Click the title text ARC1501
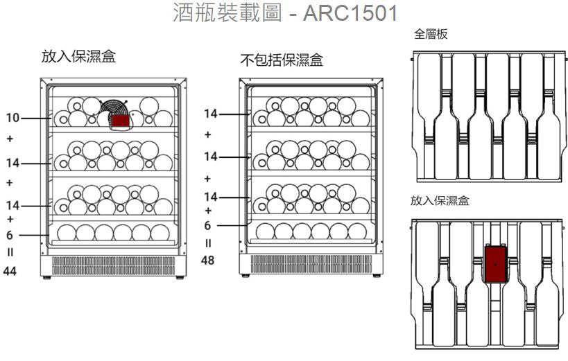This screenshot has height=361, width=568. pyautogui.click(x=351, y=15)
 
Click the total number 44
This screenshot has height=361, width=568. pyautogui.click(x=10, y=271)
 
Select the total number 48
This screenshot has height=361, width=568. pyautogui.click(x=207, y=260)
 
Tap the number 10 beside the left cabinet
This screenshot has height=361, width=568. pyautogui.click(x=12, y=118)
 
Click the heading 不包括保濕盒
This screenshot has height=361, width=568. pyautogui.click(x=282, y=60)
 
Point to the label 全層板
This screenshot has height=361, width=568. pyautogui.click(x=431, y=35)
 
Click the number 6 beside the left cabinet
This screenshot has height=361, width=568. pyautogui.click(x=10, y=235)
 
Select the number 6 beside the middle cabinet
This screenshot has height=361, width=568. pyautogui.click(x=207, y=226)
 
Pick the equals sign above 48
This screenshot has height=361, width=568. pyautogui.click(x=207, y=243)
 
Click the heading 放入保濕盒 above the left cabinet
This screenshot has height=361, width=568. pyautogui.click(x=78, y=57)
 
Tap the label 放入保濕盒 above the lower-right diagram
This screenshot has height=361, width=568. pyautogui.click(x=440, y=201)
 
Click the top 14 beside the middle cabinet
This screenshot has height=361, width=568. pyautogui.click(x=210, y=113)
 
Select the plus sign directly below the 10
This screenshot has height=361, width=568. pyautogui.click(x=10, y=139)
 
